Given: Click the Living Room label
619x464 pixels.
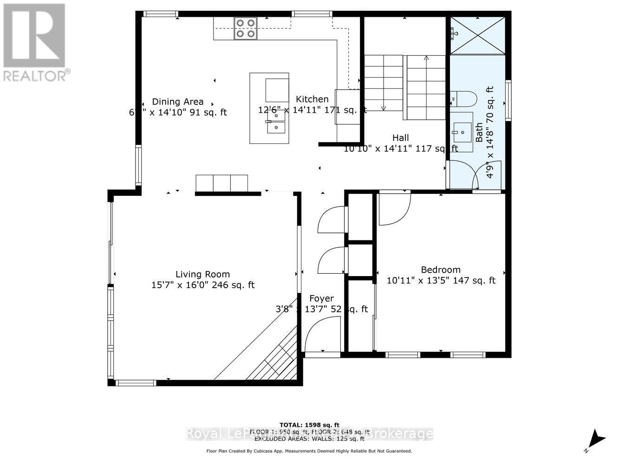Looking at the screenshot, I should [202, 274].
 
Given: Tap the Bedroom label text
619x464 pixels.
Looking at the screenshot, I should [440, 270].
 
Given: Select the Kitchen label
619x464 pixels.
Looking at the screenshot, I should [312, 99].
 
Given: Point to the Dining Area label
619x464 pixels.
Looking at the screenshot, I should [178, 102].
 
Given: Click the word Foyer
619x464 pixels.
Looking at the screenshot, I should [321, 298].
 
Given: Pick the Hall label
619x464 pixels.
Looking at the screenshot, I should [400, 137].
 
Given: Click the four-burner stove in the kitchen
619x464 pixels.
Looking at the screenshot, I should [245, 28].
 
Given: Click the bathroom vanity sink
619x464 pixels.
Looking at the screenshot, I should [462, 131].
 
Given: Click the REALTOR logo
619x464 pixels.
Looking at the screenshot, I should [34, 42].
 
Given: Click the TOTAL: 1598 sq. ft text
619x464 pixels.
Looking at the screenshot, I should [309, 425].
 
